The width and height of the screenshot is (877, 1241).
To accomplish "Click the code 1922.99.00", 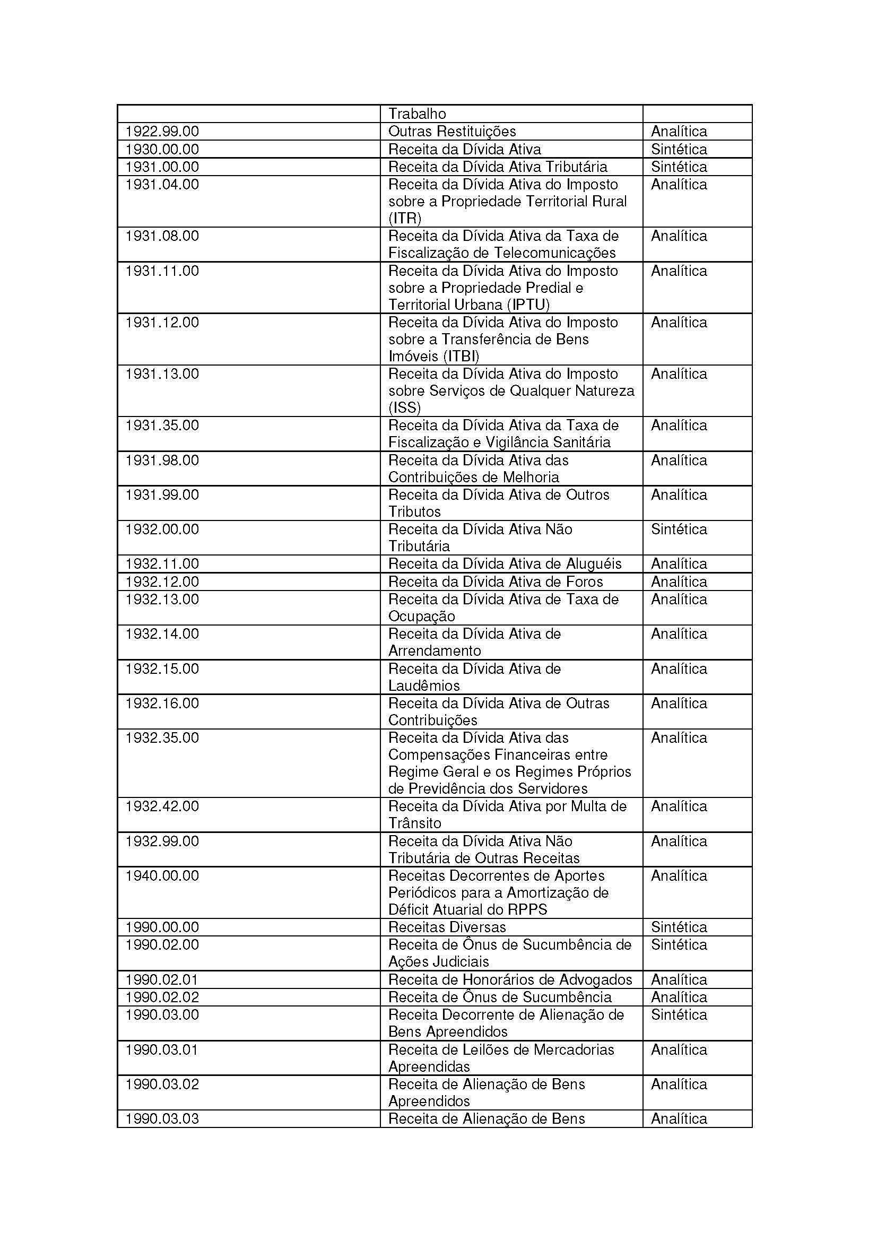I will coord(162,132).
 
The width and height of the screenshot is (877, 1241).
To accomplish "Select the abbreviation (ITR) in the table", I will coord(405,219).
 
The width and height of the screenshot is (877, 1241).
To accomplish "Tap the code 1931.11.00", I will coord(162,271).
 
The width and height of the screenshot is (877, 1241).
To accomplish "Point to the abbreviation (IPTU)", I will coord(528,305).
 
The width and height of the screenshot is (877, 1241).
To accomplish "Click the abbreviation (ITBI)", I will coord(461,356).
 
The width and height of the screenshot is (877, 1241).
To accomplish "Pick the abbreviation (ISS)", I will coord(404,407).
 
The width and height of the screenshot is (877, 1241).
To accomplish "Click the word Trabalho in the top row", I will coord(417,114).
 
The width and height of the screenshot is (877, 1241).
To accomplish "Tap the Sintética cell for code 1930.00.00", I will coord(679,149).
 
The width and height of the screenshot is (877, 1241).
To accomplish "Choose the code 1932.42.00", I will coord(162,806).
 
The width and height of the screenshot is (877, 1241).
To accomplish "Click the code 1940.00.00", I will coord(162,875).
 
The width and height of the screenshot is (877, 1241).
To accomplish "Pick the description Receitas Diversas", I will coord(447,927).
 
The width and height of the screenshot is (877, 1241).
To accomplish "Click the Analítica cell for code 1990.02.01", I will coord(679,980).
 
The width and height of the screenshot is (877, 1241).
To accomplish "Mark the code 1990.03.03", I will coord(162,1119).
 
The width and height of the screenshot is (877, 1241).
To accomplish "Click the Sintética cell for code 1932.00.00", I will coord(679,529).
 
